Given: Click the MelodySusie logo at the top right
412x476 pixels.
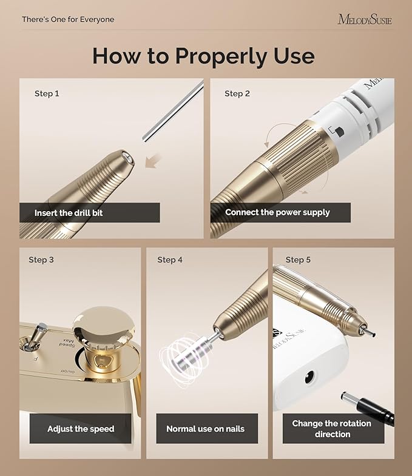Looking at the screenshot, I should point(364,19).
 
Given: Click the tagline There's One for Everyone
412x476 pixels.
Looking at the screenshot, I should point(68,19).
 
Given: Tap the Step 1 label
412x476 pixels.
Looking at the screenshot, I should point(47,93).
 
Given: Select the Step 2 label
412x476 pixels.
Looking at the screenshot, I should point(237,93).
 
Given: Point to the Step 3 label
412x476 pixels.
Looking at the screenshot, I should point(41,260).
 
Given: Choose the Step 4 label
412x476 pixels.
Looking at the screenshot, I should point(170,260).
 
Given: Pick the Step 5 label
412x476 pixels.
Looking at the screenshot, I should point(298,260).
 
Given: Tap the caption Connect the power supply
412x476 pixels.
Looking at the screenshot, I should point(277,213).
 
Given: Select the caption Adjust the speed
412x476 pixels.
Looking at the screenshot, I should point(81,429).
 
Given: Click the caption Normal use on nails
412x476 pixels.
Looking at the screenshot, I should point(205,429).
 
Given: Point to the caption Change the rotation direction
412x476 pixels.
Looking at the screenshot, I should point(331,429).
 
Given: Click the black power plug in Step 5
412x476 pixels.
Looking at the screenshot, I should point(368,409).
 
